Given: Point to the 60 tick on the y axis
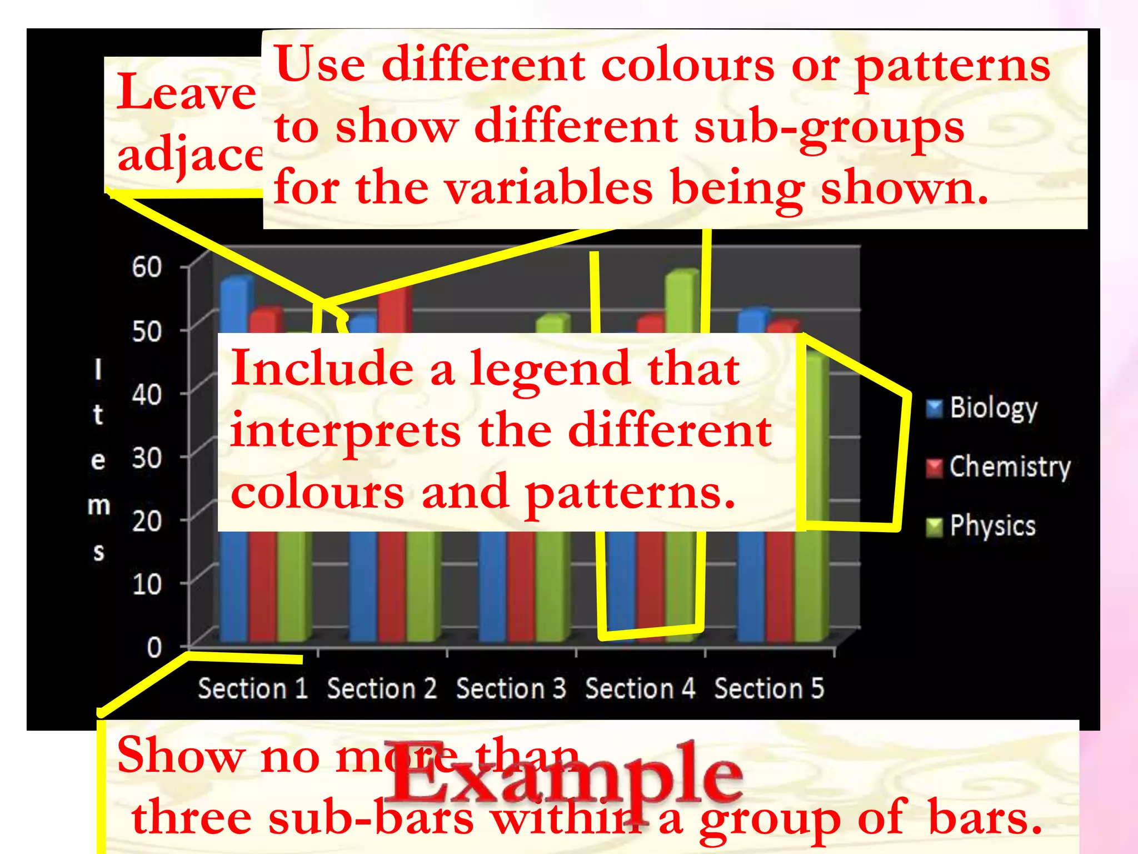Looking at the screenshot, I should point(147,267).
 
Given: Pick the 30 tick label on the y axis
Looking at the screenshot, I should point(147,459).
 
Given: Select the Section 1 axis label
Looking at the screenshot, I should point(253,688).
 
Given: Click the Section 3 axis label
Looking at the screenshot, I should point(511,688).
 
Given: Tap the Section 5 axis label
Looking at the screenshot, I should point(768,688).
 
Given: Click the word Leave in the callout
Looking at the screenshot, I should point(186,92).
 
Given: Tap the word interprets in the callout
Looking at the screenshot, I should point(346,431).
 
